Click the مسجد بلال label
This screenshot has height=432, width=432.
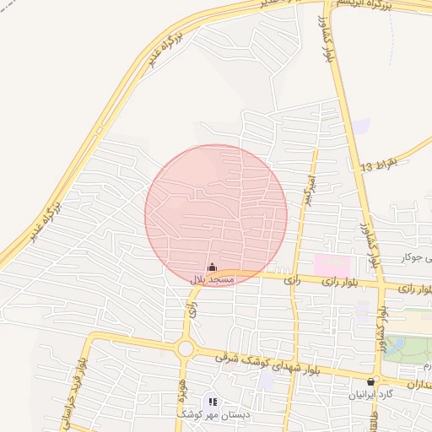[x=212, y=279]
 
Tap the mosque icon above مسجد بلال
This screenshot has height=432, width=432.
[x=212, y=267]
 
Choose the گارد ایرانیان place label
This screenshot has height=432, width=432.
[x=371, y=395]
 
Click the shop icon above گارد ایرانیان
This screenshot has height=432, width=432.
[x=371, y=382]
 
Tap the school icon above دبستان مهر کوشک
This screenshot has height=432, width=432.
[x=213, y=402]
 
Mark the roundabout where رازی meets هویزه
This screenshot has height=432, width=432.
[x=186, y=348]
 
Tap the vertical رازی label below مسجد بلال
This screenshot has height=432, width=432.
[x=192, y=311]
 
